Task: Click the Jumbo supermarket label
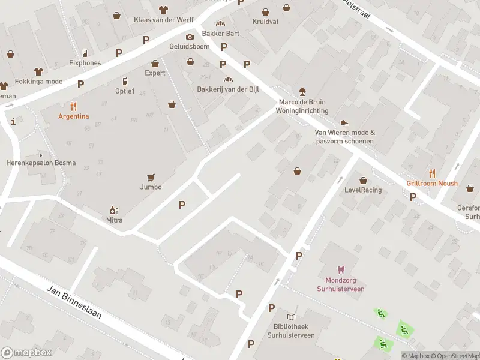(x=151, y=187)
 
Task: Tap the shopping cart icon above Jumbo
(x=151, y=177)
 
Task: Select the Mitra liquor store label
(x=113, y=220)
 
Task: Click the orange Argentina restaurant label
(x=74, y=116)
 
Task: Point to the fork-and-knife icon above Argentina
(x=74, y=107)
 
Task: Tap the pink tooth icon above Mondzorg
(x=341, y=270)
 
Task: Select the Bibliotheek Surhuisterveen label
(x=291, y=331)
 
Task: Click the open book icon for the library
(x=292, y=317)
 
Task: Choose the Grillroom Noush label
(x=432, y=183)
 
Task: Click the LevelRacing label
(x=363, y=190)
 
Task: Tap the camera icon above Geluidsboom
(x=190, y=37)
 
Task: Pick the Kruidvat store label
(x=265, y=21)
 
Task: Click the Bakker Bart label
(x=220, y=34)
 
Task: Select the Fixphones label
(x=85, y=62)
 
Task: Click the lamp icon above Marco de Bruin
(x=302, y=92)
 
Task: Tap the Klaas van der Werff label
(x=163, y=19)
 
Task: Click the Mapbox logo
(x=26, y=353)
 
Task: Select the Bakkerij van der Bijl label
(x=227, y=89)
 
